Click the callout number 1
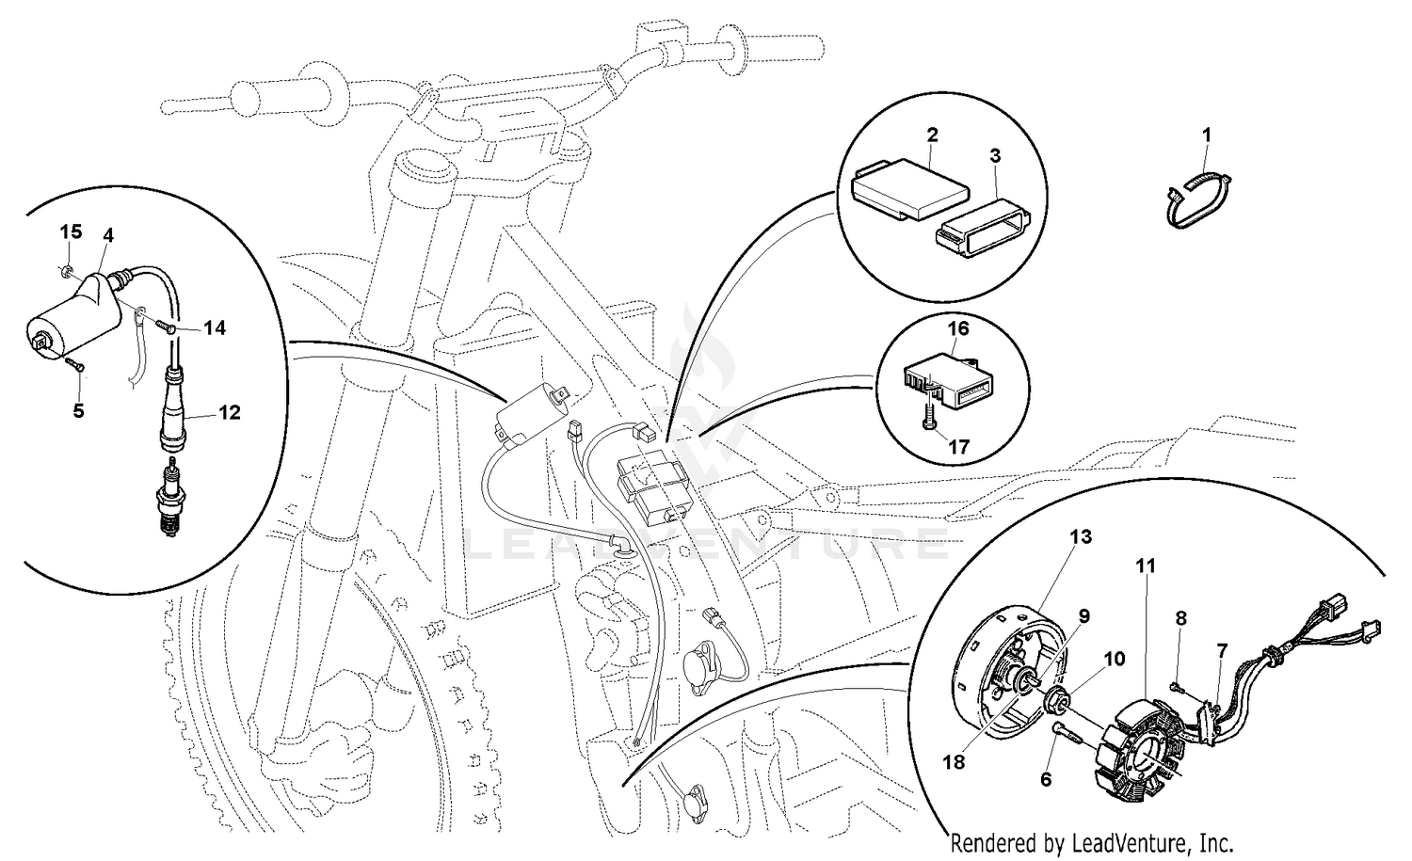[1206, 136]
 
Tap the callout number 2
[932, 136]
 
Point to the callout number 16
[957, 328]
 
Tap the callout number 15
[72, 231]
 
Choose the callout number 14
[214, 328]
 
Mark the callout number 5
[78, 411]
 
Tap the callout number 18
[954, 762]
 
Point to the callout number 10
[1114, 660]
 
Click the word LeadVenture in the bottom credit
[1133, 843]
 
